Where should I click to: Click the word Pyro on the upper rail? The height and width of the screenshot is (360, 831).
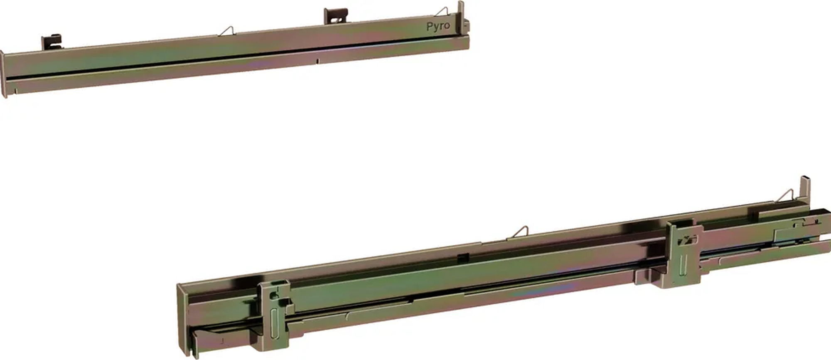(438, 26)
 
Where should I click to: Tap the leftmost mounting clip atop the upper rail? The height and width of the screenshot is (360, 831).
(52, 42)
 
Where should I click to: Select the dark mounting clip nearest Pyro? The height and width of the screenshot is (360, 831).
(335, 16)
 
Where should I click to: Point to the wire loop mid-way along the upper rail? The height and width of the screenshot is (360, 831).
(226, 31)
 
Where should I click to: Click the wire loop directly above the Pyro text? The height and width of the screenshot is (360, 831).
(441, 12)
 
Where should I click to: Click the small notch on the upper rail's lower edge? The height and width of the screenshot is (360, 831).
(317, 62)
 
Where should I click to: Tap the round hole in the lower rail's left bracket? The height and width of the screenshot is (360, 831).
(272, 296)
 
